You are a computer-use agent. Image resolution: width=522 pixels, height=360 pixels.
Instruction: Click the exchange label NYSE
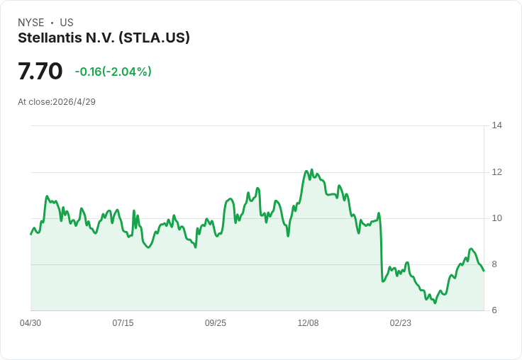click(x=31, y=23)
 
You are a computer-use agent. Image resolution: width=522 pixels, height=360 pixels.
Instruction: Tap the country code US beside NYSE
click(x=67, y=23)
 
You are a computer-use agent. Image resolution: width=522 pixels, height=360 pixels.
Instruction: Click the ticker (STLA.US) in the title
click(x=154, y=38)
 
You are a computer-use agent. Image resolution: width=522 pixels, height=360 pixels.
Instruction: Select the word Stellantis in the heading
click(x=50, y=38)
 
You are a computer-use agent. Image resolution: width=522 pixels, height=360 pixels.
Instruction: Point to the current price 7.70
click(x=40, y=71)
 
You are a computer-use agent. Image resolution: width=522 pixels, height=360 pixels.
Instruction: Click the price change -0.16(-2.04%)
click(x=113, y=72)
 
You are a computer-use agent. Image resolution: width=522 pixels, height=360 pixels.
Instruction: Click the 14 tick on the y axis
click(x=497, y=125)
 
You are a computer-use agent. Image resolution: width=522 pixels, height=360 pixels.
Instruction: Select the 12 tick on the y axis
click(x=497, y=172)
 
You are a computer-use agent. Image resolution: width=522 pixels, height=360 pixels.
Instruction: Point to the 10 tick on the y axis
click(x=497, y=218)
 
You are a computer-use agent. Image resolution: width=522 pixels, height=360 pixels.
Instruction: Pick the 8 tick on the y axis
click(x=494, y=264)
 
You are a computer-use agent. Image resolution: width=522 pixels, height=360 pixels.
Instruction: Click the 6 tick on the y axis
click(x=494, y=310)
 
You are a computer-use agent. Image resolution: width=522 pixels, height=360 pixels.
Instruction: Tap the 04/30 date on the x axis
click(x=30, y=323)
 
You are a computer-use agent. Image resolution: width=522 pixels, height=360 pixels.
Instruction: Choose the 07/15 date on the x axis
click(x=123, y=323)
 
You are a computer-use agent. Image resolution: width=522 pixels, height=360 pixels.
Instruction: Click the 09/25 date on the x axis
click(x=216, y=323)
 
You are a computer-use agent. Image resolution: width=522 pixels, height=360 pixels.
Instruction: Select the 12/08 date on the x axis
click(x=308, y=323)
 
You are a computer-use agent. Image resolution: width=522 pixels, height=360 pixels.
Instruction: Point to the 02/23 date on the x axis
click(x=401, y=323)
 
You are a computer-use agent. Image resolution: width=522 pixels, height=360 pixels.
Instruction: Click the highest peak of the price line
click(x=312, y=169)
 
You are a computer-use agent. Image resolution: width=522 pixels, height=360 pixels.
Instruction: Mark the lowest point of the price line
click(x=435, y=303)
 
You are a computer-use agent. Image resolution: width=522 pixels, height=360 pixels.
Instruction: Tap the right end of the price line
click(x=484, y=271)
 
